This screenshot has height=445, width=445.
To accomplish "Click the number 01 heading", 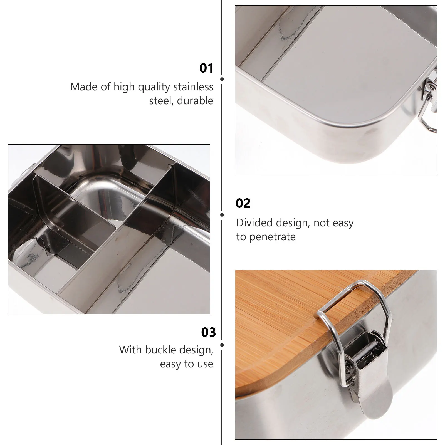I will (x=206, y=68).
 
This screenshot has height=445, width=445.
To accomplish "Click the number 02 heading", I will (x=243, y=203).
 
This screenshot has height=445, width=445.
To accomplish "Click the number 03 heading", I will (x=208, y=332).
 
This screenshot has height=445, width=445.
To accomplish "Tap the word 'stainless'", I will (x=193, y=87).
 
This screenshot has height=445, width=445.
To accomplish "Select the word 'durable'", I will (x=195, y=101).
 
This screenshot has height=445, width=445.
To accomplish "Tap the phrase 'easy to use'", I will (x=186, y=364).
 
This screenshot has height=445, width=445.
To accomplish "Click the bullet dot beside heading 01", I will (x=222, y=79).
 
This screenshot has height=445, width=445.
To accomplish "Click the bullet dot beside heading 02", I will (x=222, y=215).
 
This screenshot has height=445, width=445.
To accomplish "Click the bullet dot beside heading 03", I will (x=222, y=345).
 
